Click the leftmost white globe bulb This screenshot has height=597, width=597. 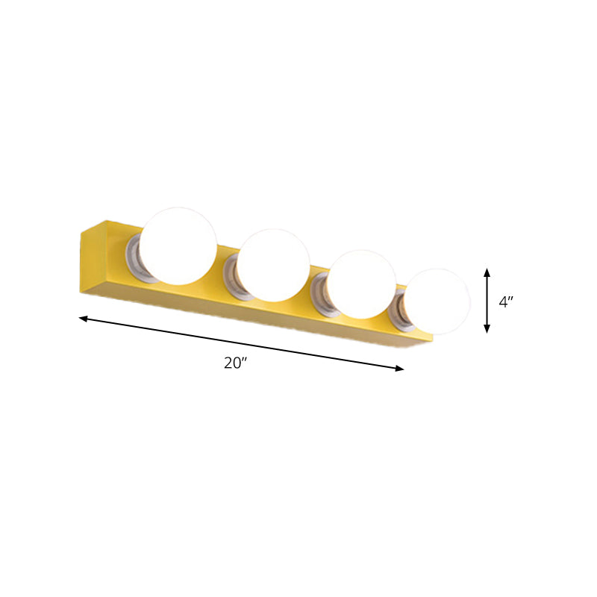(x=178, y=246)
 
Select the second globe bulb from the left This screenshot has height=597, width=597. (x=273, y=266)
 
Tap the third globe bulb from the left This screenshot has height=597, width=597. (x=361, y=284)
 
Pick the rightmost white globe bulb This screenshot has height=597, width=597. (x=437, y=301)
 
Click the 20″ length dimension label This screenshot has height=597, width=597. (x=236, y=363)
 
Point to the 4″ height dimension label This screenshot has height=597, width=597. (x=506, y=302)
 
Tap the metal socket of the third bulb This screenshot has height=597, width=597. (x=321, y=295)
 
